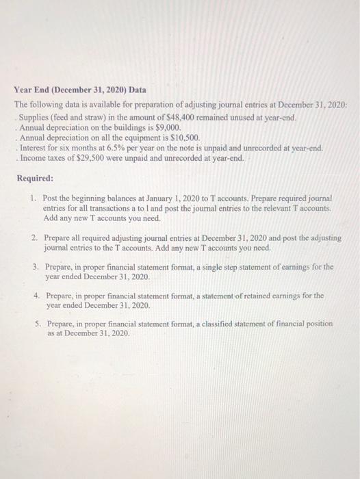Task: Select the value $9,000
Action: (x=169, y=127)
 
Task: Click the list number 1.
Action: (x=34, y=198)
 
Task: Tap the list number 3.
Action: (x=34, y=267)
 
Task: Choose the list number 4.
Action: (x=34, y=296)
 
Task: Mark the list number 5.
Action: (x=34, y=323)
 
